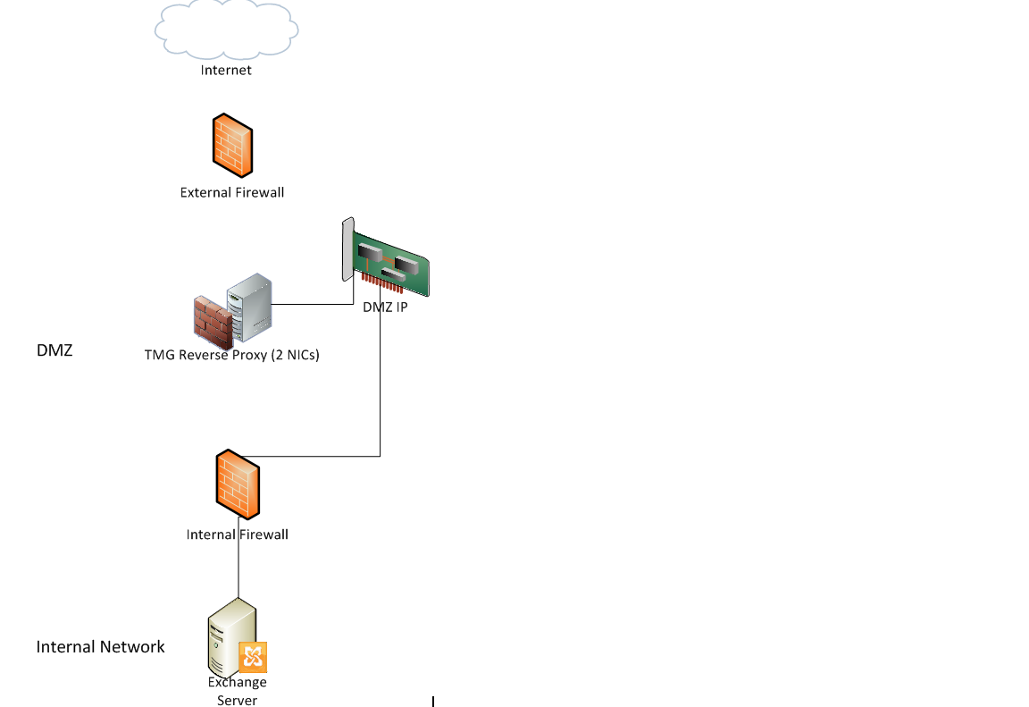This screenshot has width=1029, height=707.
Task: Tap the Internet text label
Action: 226,70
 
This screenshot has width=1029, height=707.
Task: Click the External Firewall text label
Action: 232,192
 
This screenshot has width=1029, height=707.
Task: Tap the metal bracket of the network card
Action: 348,250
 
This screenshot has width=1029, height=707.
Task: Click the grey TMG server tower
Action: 250,309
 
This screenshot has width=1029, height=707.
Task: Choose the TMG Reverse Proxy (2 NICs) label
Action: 232,355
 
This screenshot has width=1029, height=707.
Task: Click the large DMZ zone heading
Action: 54,350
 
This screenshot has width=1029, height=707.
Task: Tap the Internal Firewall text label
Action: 238,534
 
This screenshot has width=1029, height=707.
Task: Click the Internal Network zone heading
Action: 101,646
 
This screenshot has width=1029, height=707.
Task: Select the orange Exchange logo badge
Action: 253,657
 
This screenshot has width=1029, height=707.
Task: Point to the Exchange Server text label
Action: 238,691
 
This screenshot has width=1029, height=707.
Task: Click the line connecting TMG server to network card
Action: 313,305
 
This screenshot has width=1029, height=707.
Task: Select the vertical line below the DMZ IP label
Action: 381,384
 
